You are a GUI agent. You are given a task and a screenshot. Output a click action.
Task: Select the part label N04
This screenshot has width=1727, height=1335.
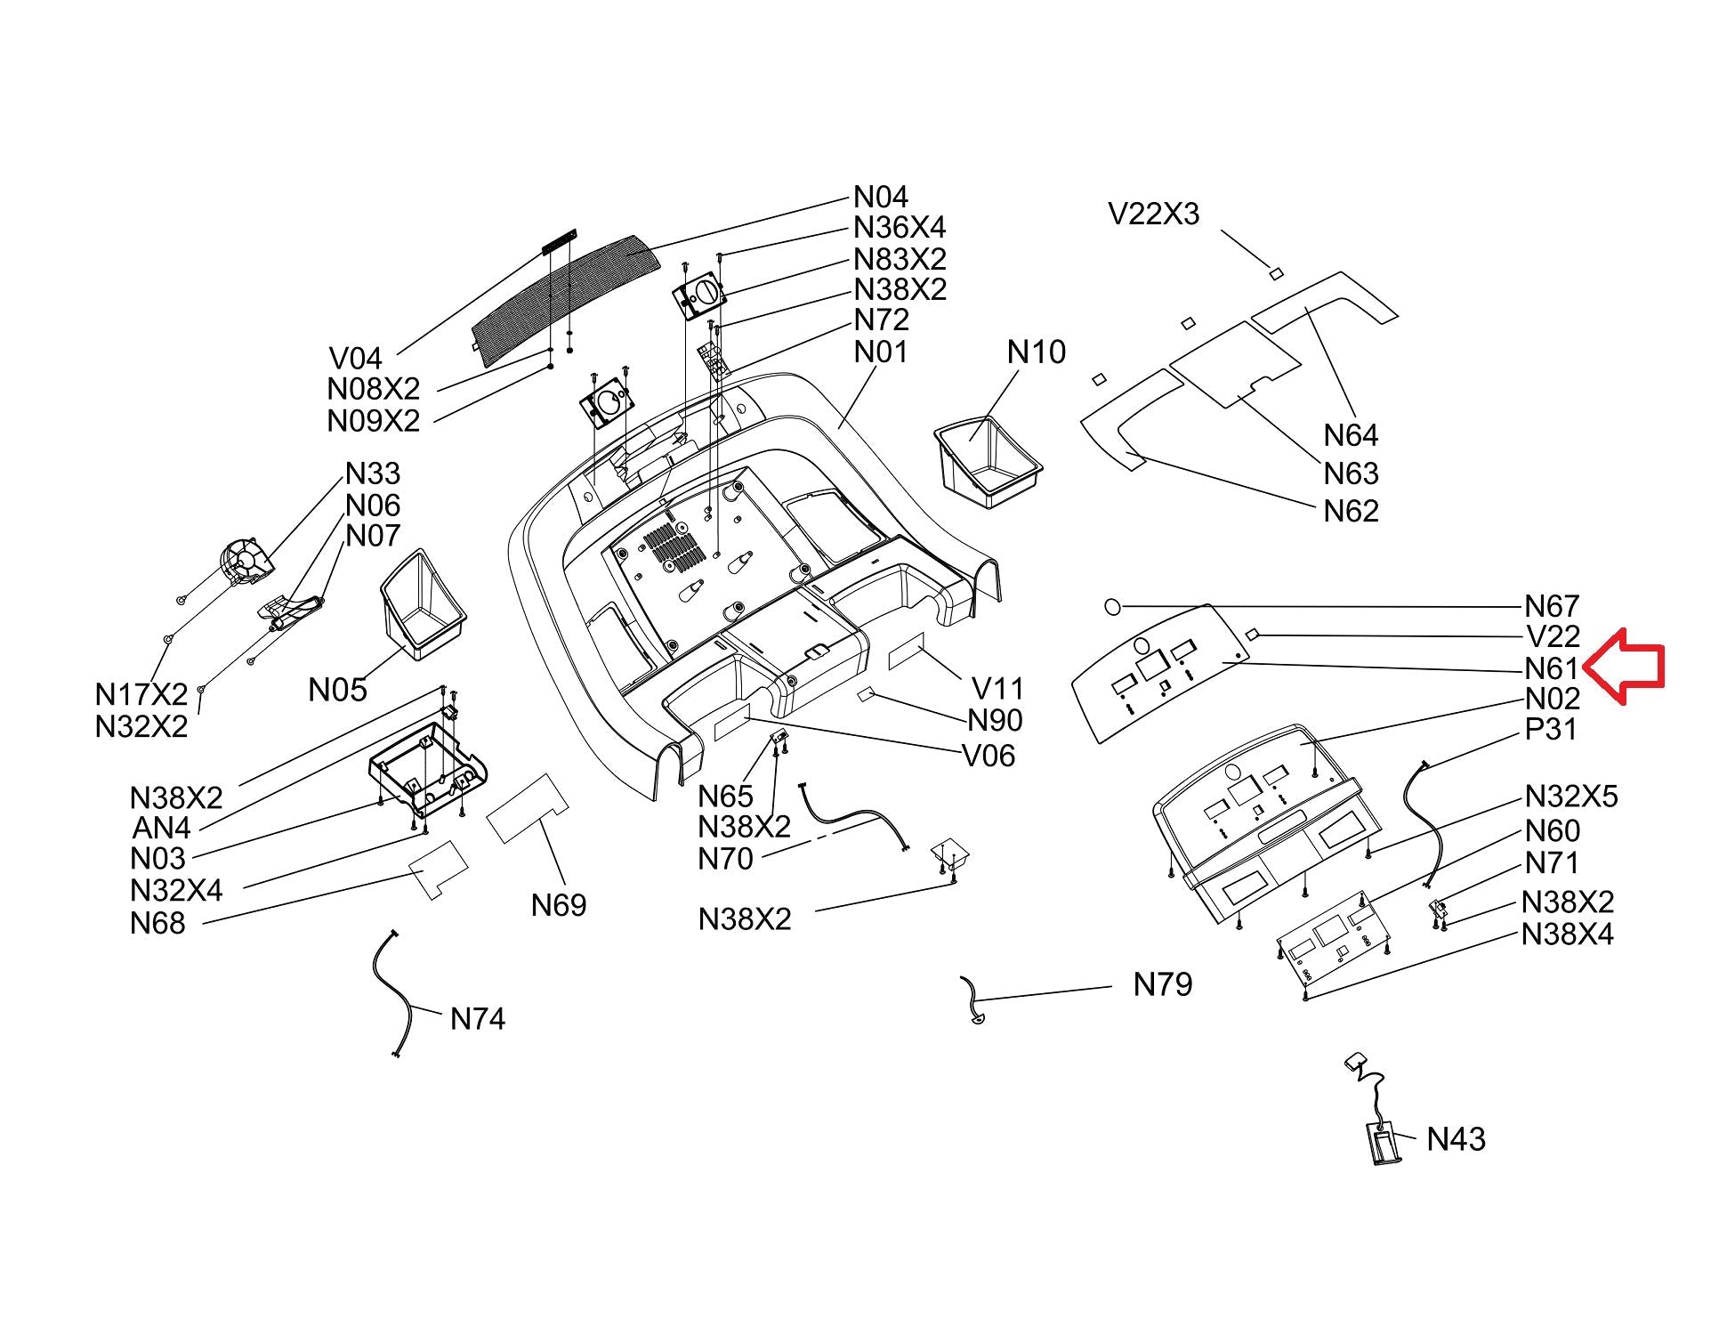point(880,197)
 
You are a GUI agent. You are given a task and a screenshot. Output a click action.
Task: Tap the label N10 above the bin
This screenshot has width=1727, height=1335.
point(1036,352)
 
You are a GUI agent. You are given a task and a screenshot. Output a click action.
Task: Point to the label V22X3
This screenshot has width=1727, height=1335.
point(1153,214)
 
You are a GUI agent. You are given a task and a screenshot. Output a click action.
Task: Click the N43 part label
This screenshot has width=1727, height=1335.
point(1456,1139)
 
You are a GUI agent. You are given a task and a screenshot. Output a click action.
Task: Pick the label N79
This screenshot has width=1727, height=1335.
point(1162,984)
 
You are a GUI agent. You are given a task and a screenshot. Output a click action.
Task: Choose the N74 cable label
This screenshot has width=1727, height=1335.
point(477,1018)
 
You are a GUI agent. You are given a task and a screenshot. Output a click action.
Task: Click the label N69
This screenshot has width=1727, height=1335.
point(559,905)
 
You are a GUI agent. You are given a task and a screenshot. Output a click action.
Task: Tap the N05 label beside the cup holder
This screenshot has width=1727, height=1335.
point(337,689)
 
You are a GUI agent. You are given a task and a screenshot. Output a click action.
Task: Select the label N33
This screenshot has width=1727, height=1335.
point(373,473)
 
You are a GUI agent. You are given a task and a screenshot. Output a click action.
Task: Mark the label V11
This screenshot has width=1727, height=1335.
point(997,688)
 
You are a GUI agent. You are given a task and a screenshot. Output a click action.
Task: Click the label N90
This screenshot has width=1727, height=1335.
point(995,720)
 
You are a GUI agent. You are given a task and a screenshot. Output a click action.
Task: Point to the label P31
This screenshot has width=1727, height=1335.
point(1551,729)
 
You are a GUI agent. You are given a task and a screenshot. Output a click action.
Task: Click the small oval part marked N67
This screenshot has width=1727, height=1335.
point(1112,606)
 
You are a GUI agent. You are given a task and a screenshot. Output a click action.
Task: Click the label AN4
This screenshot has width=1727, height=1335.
point(161,828)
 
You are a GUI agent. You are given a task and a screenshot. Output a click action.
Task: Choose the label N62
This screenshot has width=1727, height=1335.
point(1351,511)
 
